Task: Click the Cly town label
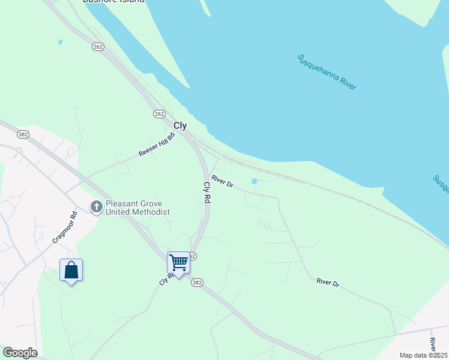(x=180, y=126)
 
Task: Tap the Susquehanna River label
(x=327, y=72)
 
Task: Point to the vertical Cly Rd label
(x=207, y=192)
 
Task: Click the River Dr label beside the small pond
(x=222, y=181)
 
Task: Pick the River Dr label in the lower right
(x=328, y=283)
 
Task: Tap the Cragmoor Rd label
(x=65, y=227)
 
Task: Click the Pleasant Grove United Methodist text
(x=137, y=208)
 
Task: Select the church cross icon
(x=95, y=207)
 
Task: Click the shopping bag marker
(x=71, y=271)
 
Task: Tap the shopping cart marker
(x=178, y=262)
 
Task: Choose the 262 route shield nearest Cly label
(x=159, y=113)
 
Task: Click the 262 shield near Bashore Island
(x=98, y=46)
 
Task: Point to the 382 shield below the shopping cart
(x=197, y=283)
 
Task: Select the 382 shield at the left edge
(x=23, y=134)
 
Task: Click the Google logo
(x=20, y=352)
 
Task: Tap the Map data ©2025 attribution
(x=423, y=355)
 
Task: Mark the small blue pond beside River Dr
(x=255, y=181)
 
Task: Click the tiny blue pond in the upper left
(x=60, y=42)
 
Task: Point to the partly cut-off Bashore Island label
(x=113, y=2)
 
